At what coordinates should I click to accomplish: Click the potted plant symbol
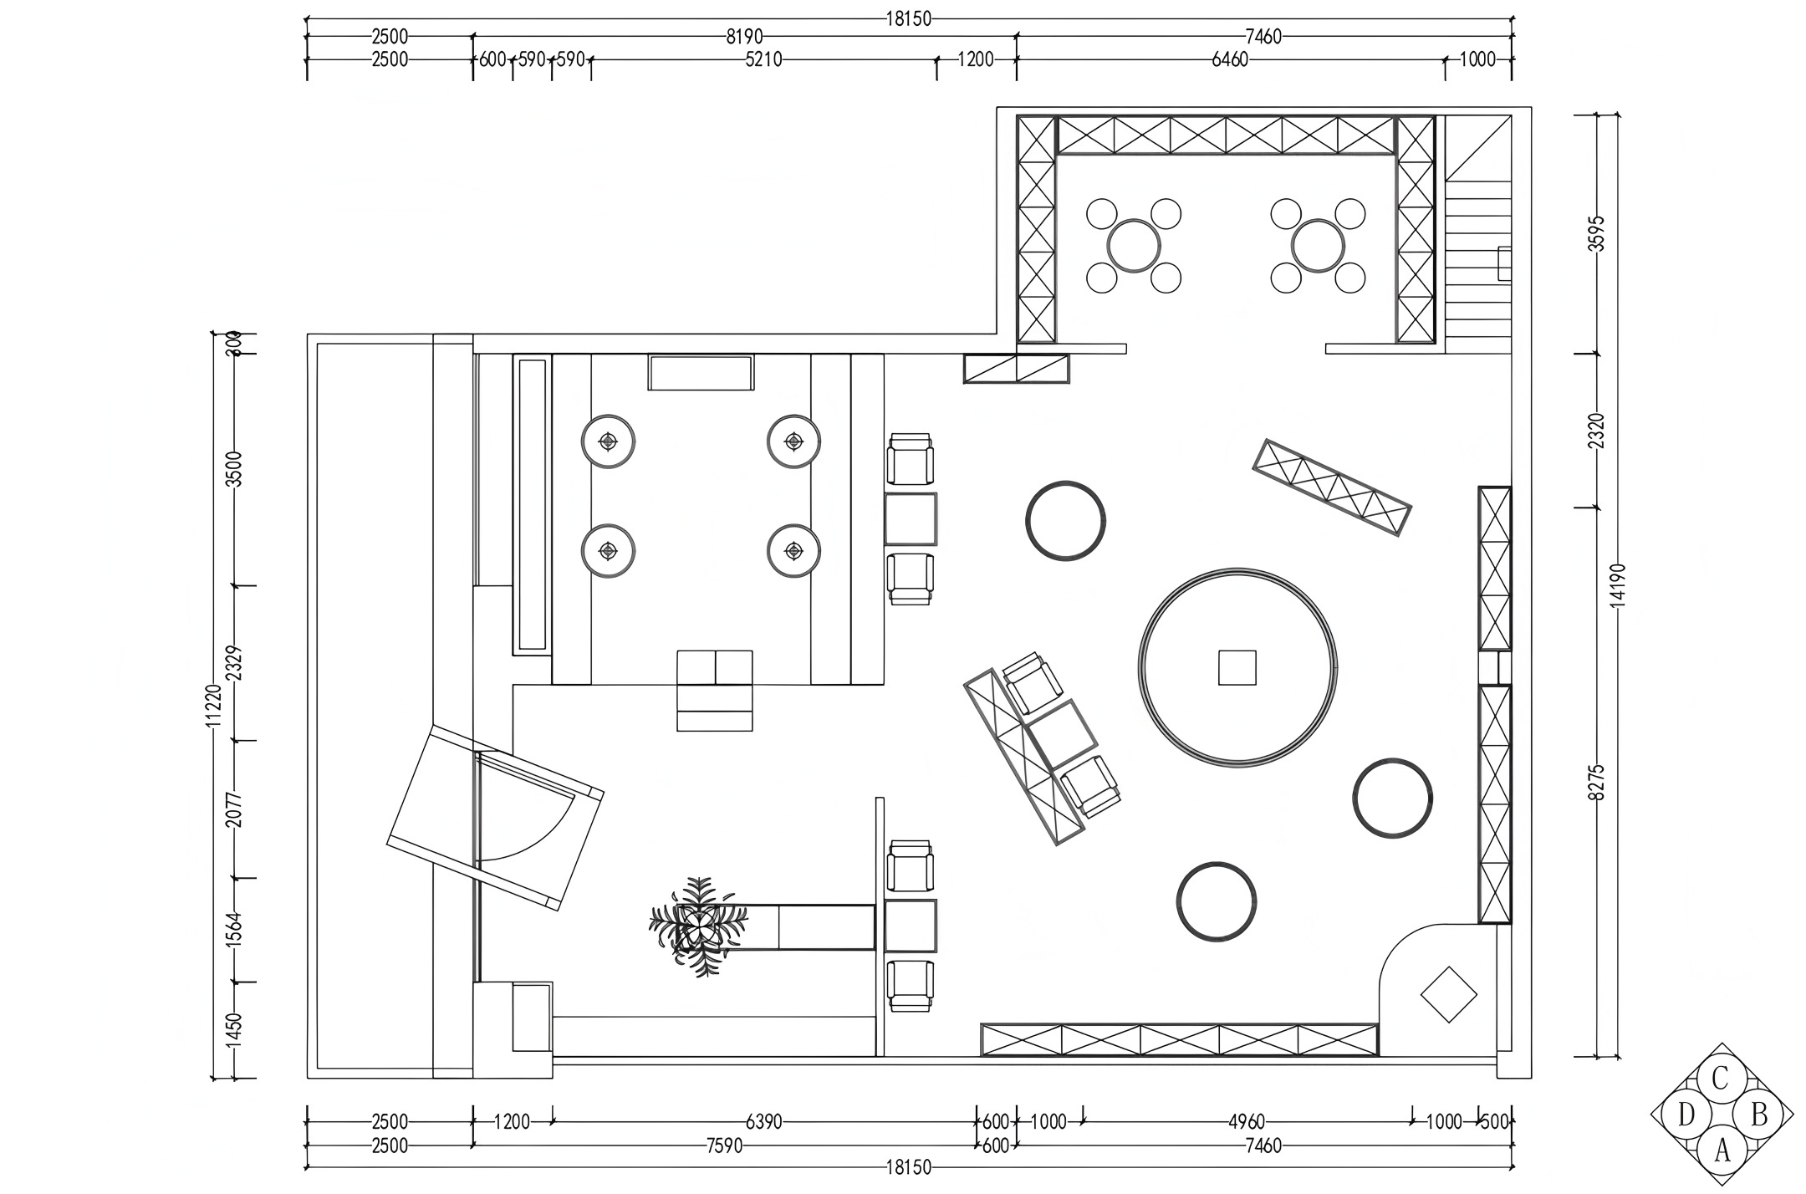[x=699, y=926]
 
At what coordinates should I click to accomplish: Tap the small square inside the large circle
[x=1237, y=667]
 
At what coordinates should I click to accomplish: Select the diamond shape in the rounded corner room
[x=1449, y=994]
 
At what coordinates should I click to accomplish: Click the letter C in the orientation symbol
[x=1720, y=1079]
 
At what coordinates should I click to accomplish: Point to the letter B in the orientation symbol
[x=1759, y=1115]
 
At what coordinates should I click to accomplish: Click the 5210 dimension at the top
[x=763, y=59]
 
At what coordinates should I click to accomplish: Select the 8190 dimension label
[x=744, y=37]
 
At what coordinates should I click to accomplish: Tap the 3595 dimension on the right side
[x=1597, y=233]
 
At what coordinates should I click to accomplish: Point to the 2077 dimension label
[x=235, y=809]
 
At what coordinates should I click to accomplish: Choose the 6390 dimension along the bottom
[x=763, y=1122]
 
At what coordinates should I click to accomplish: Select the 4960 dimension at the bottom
[x=1246, y=1122]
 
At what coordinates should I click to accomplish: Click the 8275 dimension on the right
[x=1597, y=783]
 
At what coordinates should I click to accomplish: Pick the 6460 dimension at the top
[x=1229, y=59]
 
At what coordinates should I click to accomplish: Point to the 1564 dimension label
[x=235, y=930]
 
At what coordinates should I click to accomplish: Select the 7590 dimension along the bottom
[x=724, y=1146]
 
